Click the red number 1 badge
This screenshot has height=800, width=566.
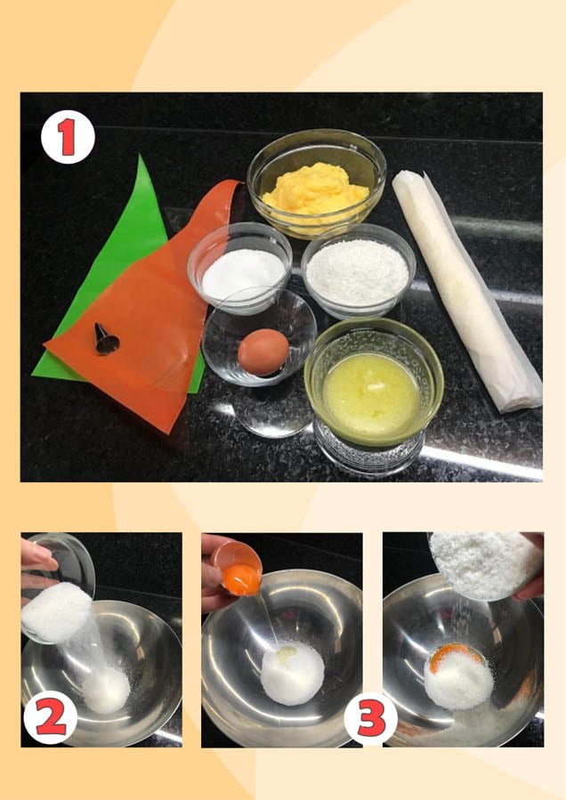68,137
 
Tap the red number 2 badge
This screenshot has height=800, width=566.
51,719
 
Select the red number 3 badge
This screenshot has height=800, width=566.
370,719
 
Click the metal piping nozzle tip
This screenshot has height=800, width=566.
106,339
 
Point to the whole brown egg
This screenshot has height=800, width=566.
263,352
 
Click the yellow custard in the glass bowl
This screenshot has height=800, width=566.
315,189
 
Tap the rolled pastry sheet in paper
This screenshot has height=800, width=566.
466,290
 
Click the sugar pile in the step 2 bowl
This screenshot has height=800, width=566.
107,690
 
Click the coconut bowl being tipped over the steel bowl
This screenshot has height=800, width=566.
486,565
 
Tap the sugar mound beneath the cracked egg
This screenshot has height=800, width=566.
292,674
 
